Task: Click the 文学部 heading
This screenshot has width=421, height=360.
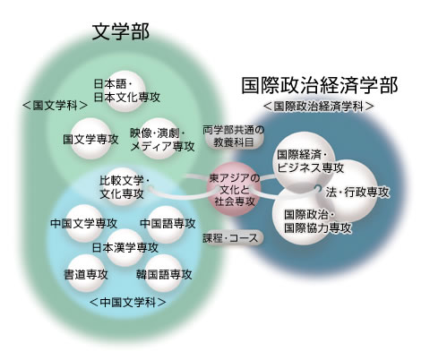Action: tap(121, 31)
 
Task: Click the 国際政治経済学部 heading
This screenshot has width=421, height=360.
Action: tap(319, 86)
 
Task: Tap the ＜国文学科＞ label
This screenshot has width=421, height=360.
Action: tap(56, 106)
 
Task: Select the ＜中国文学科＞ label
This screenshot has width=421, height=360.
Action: tap(128, 302)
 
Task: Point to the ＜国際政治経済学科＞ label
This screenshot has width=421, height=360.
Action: tap(319, 107)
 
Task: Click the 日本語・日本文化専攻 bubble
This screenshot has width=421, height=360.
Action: tap(127, 90)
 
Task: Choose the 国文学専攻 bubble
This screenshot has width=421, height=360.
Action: tap(91, 139)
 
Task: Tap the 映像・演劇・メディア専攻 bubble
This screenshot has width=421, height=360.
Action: tap(159, 139)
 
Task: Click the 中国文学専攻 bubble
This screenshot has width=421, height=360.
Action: tap(84, 224)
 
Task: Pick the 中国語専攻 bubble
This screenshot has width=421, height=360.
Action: tap(166, 224)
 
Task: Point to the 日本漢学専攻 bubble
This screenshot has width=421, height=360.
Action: tap(125, 247)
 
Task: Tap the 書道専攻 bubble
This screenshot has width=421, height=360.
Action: tap(87, 273)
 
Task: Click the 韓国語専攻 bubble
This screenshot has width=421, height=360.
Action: tap(164, 273)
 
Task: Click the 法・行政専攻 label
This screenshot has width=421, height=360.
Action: tap(357, 193)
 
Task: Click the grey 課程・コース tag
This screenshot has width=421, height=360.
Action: tap(230, 238)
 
